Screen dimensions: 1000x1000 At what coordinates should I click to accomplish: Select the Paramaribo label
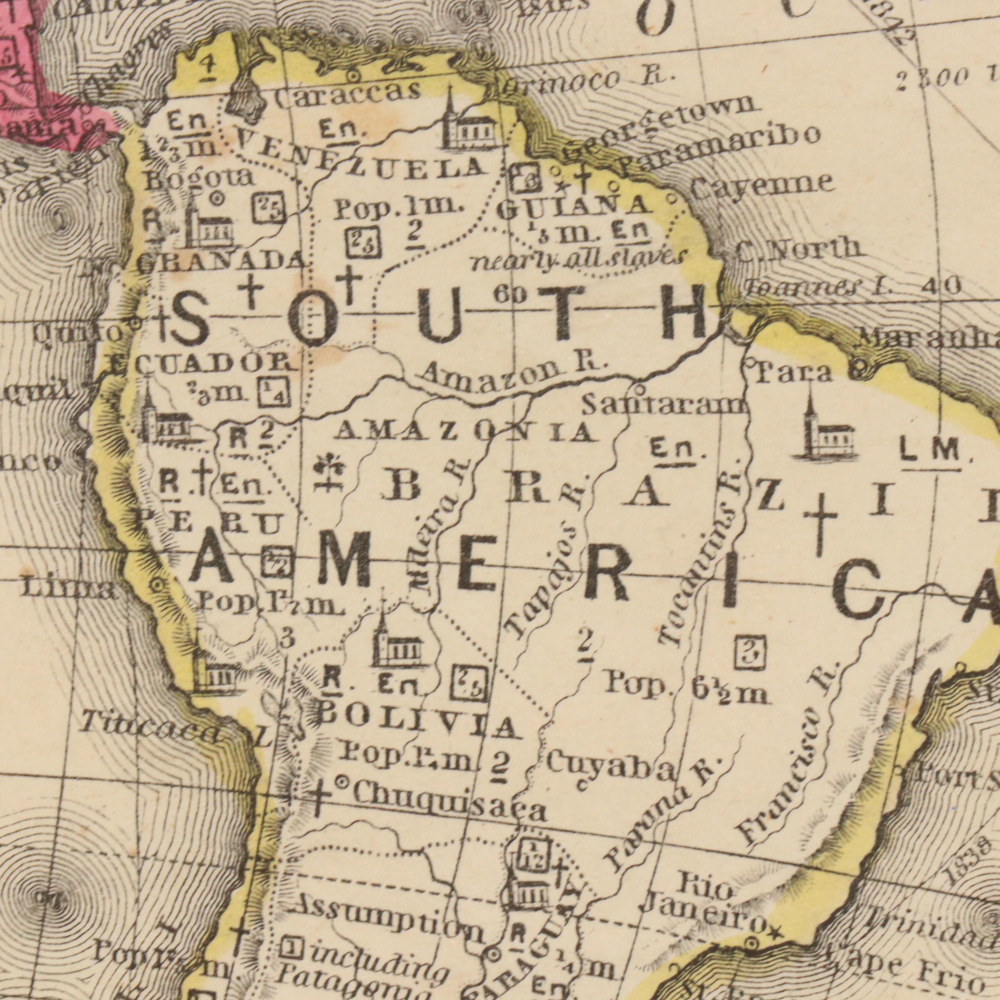click(720, 150)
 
